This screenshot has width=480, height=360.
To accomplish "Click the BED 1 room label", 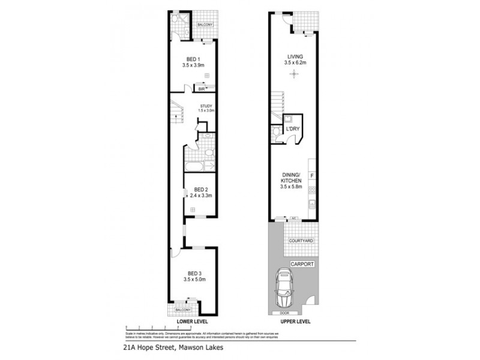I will click(x=194, y=58).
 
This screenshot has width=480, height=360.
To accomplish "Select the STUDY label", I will click(x=207, y=106).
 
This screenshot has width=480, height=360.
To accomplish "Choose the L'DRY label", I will click(x=293, y=129).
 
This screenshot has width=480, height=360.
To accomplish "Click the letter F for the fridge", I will click(x=311, y=175).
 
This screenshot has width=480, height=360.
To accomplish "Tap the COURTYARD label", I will click(x=299, y=241).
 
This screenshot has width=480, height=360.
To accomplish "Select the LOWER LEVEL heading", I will click(x=192, y=322).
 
